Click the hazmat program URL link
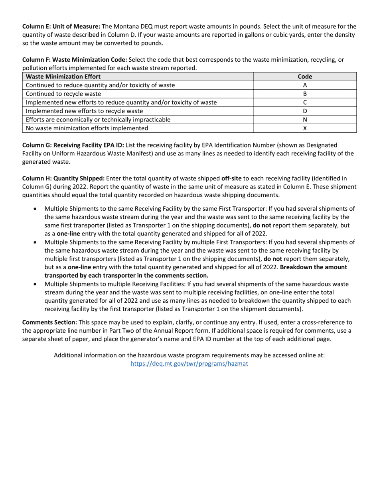189,364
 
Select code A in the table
305,85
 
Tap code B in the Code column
305,94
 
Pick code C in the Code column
305,102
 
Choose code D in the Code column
305,111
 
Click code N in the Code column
305,120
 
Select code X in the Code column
305,128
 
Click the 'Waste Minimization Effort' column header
63,76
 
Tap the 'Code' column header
305,76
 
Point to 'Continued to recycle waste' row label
63,94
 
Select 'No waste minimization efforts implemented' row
87,128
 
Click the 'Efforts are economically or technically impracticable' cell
98,120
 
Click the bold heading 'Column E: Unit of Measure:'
61,27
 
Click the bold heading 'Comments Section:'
49,322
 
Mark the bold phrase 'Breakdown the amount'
314,267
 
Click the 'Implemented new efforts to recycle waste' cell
84,111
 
